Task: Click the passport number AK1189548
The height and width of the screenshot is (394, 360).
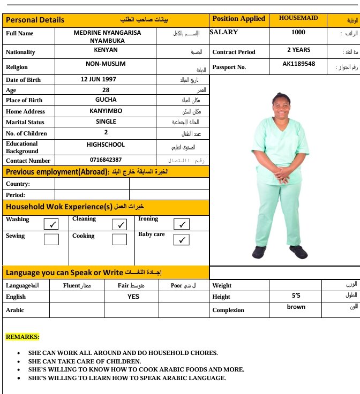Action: (x=298, y=64)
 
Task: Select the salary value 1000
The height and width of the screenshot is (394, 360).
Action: (x=298, y=32)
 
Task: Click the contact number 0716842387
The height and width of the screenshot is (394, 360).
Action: (x=106, y=160)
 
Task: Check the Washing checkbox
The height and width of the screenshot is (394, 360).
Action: (x=51, y=224)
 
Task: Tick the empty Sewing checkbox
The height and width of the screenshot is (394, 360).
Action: (x=51, y=239)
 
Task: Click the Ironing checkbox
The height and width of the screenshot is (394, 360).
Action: (x=182, y=224)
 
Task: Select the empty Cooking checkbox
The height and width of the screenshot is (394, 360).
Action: (x=119, y=239)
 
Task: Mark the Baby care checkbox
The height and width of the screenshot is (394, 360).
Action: (x=182, y=240)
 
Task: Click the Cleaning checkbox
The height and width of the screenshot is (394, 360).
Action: (x=119, y=224)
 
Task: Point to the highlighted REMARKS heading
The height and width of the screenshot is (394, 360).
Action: (x=22, y=337)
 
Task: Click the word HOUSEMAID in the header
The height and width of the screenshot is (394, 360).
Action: (x=298, y=18)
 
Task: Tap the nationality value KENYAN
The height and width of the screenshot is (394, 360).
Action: (x=106, y=50)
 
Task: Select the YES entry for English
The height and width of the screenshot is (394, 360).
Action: (x=133, y=297)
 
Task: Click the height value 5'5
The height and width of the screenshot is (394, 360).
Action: (x=296, y=295)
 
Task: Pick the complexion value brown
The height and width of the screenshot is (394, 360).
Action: (x=296, y=307)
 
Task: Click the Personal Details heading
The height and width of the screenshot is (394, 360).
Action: (x=35, y=20)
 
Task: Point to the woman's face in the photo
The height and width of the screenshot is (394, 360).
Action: (x=281, y=104)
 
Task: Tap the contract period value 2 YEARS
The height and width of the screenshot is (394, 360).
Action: (x=298, y=50)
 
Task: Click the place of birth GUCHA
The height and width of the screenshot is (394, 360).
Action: (x=106, y=100)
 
